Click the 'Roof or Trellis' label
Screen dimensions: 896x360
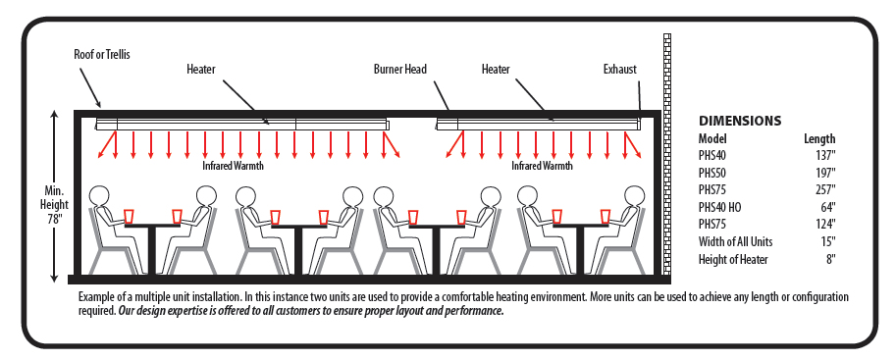102,56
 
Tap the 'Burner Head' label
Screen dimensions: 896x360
400,69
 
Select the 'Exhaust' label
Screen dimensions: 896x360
620,70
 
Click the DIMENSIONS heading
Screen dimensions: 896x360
740,121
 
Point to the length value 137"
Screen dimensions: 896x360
825,155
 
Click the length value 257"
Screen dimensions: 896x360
825,189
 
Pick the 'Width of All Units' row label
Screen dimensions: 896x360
735,241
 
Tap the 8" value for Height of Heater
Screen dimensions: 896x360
830,259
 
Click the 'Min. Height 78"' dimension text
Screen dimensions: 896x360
56,204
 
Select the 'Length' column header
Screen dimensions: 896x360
819,138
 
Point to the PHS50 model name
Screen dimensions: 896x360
712,172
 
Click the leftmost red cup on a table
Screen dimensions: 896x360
130,217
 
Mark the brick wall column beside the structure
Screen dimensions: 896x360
667,154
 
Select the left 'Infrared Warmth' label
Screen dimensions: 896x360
234,167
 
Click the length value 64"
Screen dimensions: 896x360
828,206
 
